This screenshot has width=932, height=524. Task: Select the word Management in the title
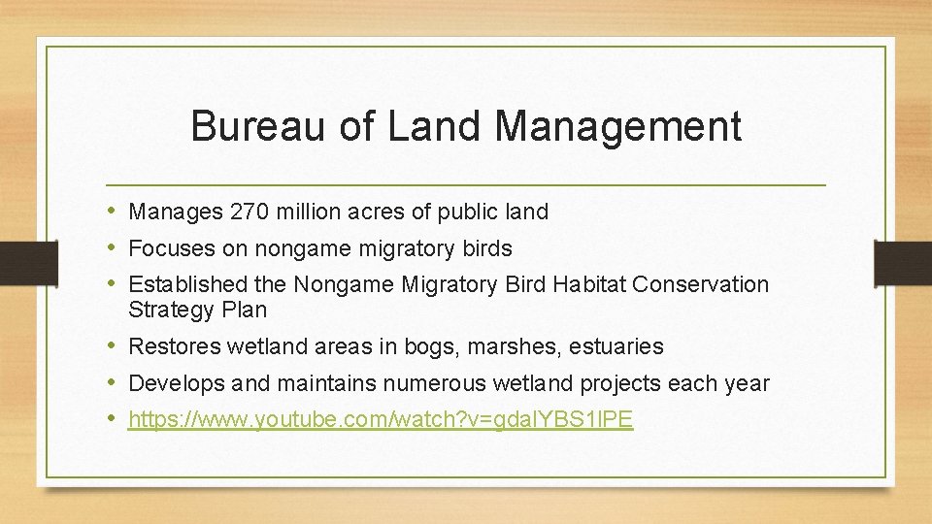point(618,126)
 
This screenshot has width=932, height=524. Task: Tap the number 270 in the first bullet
point(250,212)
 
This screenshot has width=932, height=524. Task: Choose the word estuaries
point(616,346)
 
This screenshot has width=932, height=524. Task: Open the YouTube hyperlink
point(381,420)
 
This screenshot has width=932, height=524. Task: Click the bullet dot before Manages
point(114,211)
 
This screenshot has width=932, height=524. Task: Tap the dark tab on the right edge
point(903,262)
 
